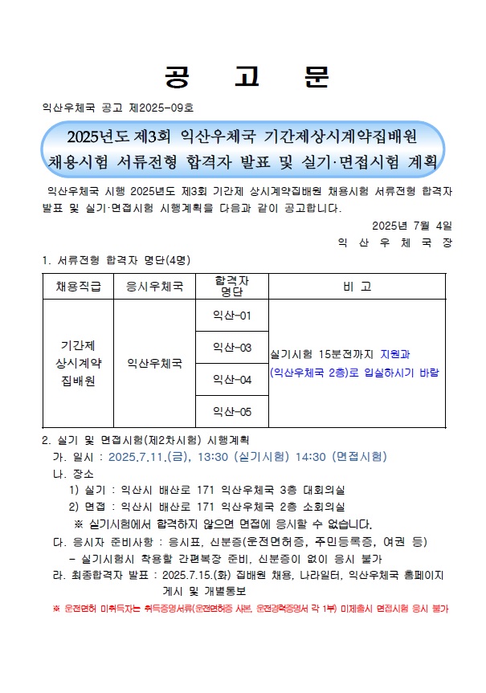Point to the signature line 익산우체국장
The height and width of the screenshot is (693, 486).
coord(394,241)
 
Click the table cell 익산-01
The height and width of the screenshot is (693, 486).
coord(232,315)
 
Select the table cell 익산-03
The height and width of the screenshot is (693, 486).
coord(232,347)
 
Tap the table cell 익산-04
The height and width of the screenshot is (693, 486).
coord(232,379)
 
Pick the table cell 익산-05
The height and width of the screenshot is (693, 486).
coord(232,411)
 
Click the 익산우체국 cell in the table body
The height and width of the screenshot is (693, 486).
coord(154,363)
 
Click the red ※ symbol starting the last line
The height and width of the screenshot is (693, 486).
coord(56,609)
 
